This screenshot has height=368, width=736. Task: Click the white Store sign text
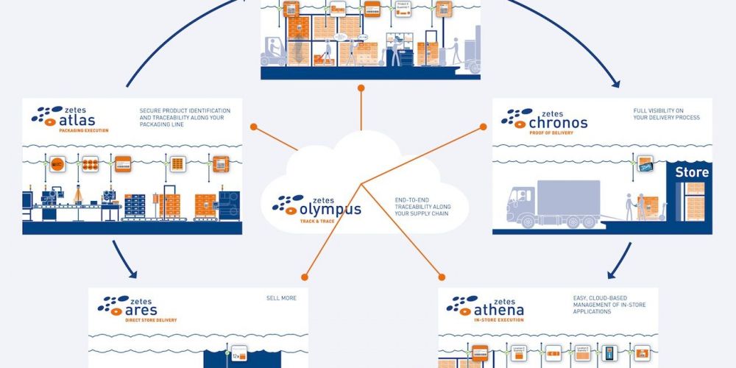coord(692,173)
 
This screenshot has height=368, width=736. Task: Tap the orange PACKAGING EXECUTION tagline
coord(83,130)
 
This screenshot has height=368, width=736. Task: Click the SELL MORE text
coord(281,298)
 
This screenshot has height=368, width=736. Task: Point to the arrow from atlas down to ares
coord(123,262)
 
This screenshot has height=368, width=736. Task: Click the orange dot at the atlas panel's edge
coord(252,127)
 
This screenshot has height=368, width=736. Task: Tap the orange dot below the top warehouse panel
coord(361,88)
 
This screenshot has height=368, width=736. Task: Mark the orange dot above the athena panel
coord(442,277)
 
